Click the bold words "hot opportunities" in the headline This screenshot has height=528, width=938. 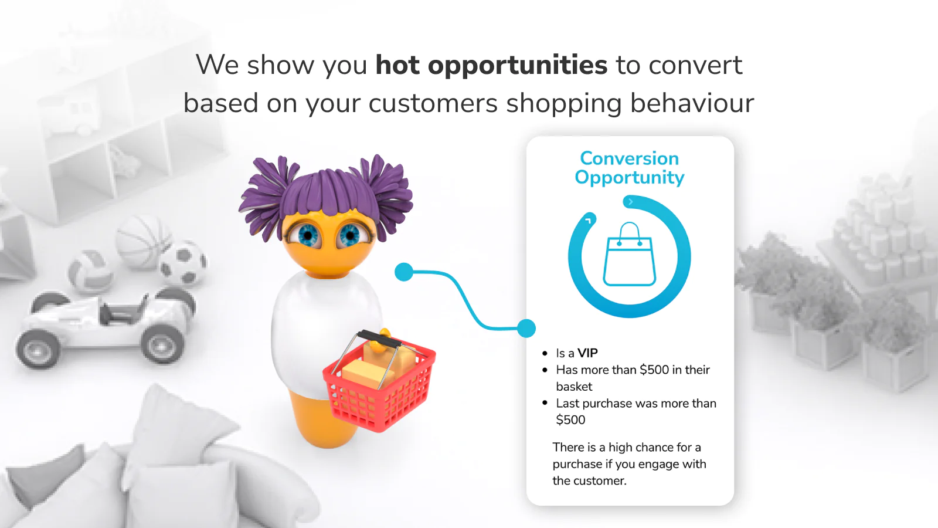coord(491,66)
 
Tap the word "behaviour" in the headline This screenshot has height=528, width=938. coord(692,103)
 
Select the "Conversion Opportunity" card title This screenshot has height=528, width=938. coord(630,168)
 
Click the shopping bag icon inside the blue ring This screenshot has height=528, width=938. coord(630,254)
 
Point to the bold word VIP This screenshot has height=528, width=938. coord(587,353)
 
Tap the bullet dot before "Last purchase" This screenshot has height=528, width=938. coord(545,403)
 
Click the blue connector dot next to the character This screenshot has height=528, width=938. coord(404,272)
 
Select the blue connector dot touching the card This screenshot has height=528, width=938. coord(526,328)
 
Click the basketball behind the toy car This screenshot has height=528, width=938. coord(143,242)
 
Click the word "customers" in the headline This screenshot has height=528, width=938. coord(433,103)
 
